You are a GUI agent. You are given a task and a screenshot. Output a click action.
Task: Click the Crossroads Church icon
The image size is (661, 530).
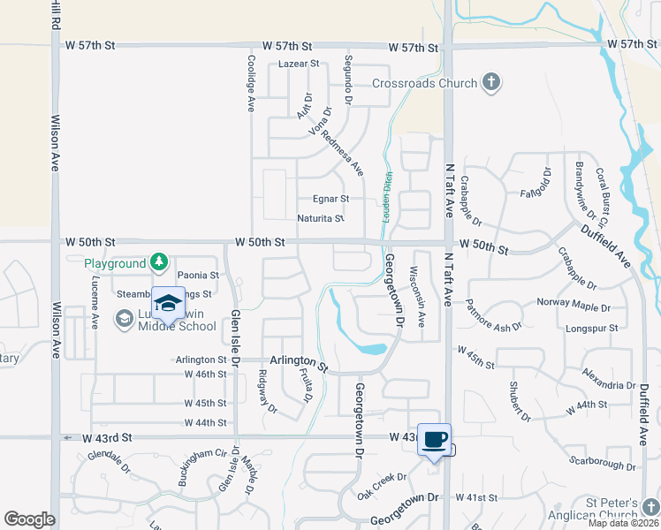(491, 84)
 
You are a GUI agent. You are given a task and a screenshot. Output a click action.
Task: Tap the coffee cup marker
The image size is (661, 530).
(434, 439)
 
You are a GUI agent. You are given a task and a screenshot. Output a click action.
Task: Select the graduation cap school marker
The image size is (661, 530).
(168, 302)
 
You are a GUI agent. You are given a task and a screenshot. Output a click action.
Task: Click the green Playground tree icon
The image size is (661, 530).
(158, 262)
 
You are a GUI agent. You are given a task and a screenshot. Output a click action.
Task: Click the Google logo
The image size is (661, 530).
(29, 519)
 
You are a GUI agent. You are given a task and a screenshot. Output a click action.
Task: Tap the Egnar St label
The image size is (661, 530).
(331, 200)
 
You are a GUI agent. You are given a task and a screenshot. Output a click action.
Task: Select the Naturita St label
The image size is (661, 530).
(320, 218)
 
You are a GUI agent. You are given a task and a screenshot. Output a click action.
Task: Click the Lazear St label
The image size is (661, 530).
(298, 65)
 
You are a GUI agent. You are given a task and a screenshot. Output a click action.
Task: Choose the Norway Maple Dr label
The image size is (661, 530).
(574, 303)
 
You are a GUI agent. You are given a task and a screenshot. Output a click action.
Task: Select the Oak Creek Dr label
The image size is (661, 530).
(382, 482)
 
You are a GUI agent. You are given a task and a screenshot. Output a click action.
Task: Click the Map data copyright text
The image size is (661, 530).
(624, 523)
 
